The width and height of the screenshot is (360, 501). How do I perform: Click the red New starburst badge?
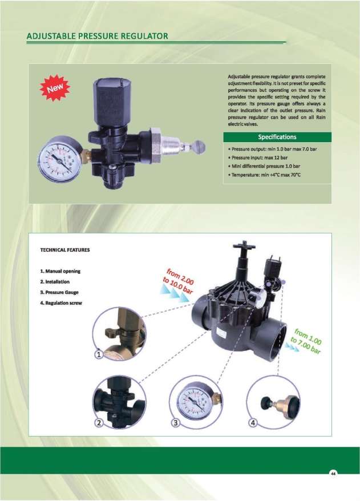click(x=55, y=88)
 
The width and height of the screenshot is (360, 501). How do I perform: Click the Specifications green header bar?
click(x=277, y=137)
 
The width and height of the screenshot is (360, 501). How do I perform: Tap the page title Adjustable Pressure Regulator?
click(x=97, y=36)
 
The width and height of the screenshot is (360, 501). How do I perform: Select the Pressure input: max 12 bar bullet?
click(x=258, y=157)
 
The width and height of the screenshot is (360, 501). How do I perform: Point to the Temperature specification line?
click(x=264, y=175)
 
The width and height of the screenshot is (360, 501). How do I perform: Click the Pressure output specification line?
click(x=273, y=149)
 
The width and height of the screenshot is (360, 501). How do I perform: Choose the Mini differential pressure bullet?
click(x=264, y=166)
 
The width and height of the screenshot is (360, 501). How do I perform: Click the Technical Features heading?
click(x=65, y=250)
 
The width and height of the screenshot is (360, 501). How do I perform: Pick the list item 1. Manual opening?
click(x=60, y=271)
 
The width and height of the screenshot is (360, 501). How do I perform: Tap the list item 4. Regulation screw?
click(x=61, y=303)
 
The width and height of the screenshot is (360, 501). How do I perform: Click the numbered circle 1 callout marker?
click(x=99, y=354)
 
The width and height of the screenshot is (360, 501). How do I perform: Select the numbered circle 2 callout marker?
click(x=99, y=423)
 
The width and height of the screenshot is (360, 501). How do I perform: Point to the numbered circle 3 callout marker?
click(x=175, y=423)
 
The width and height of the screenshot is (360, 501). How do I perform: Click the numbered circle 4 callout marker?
click(x=253, y=423)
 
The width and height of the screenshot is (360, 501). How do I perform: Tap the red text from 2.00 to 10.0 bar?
click(x=178, y=281)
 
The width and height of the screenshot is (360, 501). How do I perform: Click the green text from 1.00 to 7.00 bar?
click(x=306, y=341)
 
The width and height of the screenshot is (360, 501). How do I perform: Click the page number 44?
click(x=333, y=474)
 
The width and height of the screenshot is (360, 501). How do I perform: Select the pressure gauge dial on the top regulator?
click(x=60, y=160)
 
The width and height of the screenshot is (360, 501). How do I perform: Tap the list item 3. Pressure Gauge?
click(x=59, y=292)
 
